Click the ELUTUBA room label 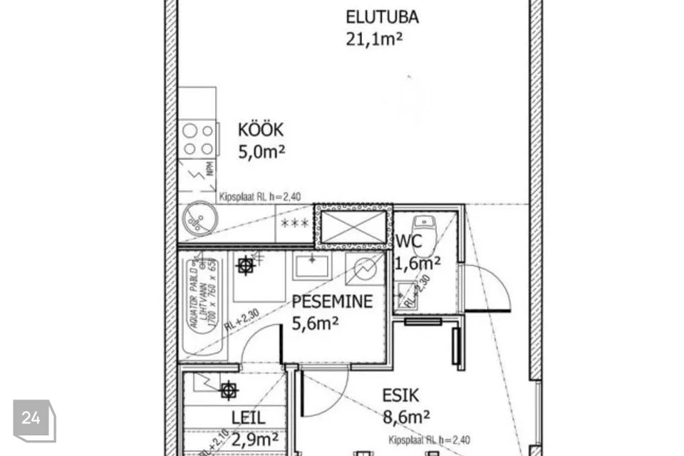click(x=382, y=16)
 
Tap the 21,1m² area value click(x=374, y=38)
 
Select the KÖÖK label click(x=260, y=130)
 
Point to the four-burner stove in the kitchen click(x=199, y=139)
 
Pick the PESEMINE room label click(x=332, y=301)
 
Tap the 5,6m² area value click(x=315, y=324)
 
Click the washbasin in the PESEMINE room click(x=311, y=265)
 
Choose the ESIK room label click(x=400, y=395)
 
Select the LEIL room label click(x=248, y=418)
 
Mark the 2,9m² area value click(x=254, y=439)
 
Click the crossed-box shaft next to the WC click(x=353, y=227)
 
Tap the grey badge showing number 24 click(x=31, y=419)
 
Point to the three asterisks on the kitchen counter click(x=295, y=224)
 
